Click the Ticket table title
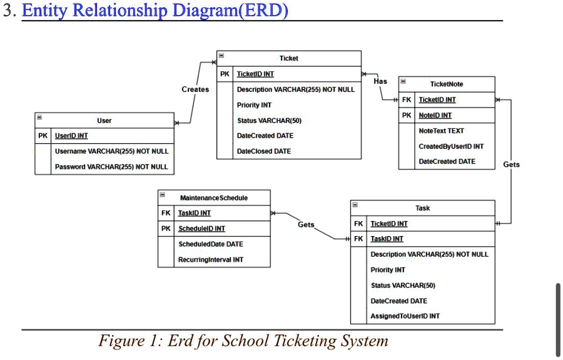pos(288,58)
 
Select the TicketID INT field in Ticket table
pos(255,74)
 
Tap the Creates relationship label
pos(195,90)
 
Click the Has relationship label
pos(380,81)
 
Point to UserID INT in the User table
pos(71,136)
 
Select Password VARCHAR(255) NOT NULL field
pos(111,167)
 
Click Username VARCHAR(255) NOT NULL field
pos(111,152)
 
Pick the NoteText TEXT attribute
pos(441,131)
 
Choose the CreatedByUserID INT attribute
pos(450,147)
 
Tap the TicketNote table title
pos(447,84)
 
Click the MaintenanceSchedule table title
pos(213,198)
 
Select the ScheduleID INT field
pos(201,229)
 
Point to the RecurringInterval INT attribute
pos(211,259)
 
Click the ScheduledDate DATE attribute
pos(210,244)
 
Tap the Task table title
pos(422,208)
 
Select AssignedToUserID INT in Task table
pos(405,316)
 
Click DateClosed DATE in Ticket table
pos(263,152)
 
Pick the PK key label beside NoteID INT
pos(407,115)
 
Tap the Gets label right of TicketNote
pos(511,165)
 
